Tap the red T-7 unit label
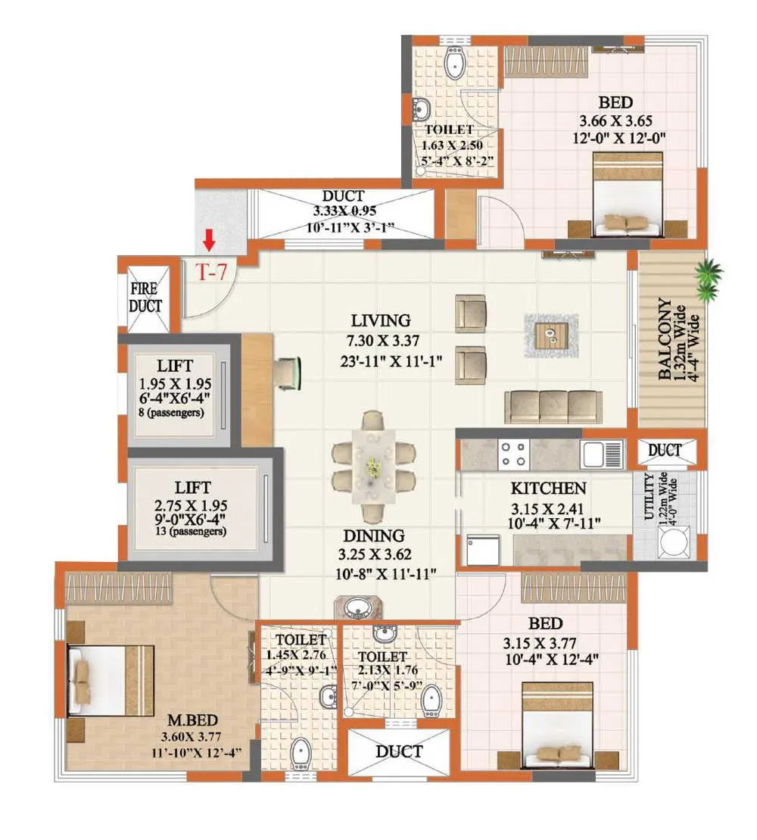click(x=213, y=273)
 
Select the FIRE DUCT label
click(x=145, y=298)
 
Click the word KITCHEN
click(x=547, y=489)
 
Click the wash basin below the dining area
click(x=357, y=607)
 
